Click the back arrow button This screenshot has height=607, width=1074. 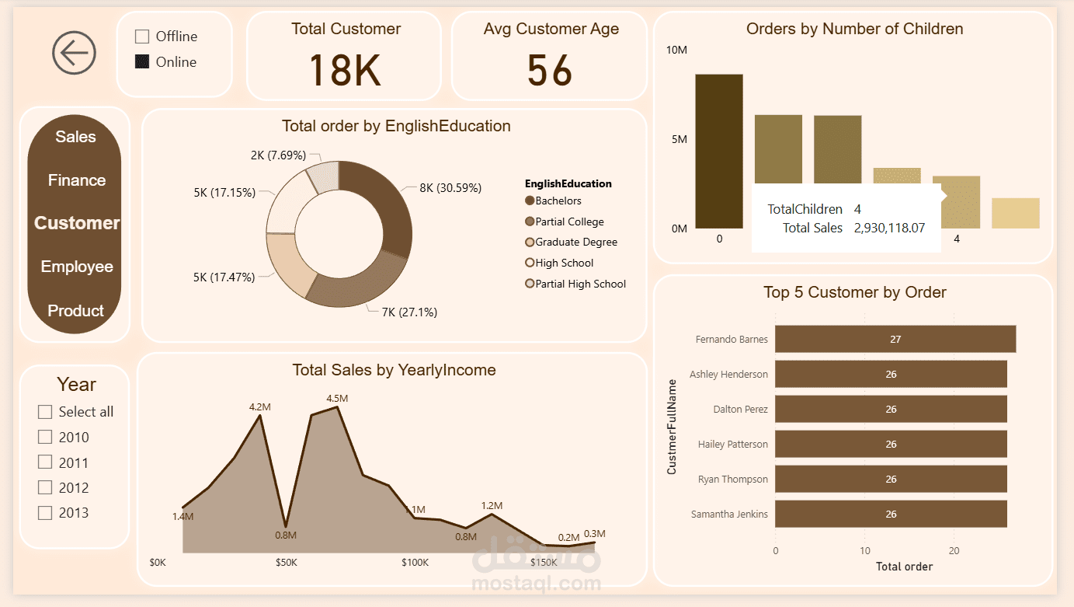click(75, 54)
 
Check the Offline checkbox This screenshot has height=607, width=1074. click(142, 37)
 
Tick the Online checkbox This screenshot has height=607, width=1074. click(142, 62)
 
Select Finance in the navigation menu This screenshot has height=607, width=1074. click(76, 180)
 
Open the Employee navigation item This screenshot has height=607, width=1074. click(77, 267)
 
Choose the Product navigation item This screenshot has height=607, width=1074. click(75, 311)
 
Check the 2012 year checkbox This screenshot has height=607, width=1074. click(45, 487)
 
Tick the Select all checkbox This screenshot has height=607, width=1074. click(45, 412)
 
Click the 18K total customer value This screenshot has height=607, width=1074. click(345, 70)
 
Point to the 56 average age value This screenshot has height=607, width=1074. click(549, 70)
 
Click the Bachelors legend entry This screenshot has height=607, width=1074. click(558, 201)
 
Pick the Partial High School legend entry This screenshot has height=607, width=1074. click(579, 284)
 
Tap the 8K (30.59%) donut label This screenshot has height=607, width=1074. click(450, 188)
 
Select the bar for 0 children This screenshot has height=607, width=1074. click(719, 151)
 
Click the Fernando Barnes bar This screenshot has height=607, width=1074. click(895, 339)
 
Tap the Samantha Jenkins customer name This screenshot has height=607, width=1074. click(728, 515)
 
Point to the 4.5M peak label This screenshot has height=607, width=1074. click(337, 398)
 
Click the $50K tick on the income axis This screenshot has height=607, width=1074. click(286, 563)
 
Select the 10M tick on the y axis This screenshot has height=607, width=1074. click(676, 50)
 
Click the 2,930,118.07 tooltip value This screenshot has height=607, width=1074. click(889, 228)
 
